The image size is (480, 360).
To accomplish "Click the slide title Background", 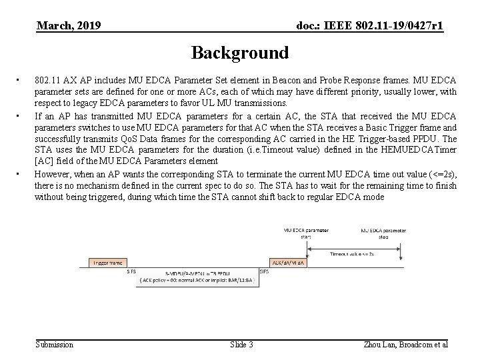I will [x=240, y=53].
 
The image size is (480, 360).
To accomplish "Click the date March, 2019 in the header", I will [x=69, y=26].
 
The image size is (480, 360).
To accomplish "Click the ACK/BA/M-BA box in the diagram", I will [x=288, y=263].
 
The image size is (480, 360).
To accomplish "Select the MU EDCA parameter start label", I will [x=306, y=233].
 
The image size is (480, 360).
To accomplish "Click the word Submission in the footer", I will [x=54, y=344].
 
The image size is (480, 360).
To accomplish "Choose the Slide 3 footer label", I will [x=241, y=344].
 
